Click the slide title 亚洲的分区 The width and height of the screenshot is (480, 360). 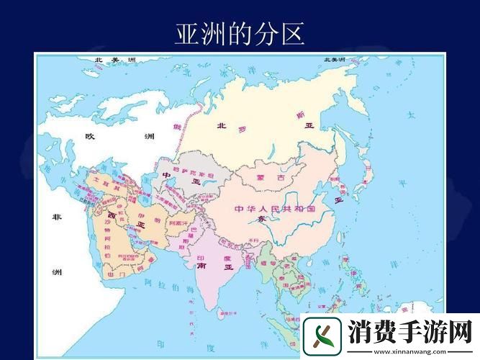pyautogui.click(x=240, y=33)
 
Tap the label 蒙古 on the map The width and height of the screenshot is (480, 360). pyautogui.click(x=267, y=176)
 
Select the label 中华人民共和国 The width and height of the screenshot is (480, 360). pyautogui.click(x=275, y=209)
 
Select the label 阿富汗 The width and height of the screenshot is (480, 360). pyautogui.click(x=179, y=223)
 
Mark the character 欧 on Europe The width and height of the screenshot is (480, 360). pyautogui.click(x=90, y=136)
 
